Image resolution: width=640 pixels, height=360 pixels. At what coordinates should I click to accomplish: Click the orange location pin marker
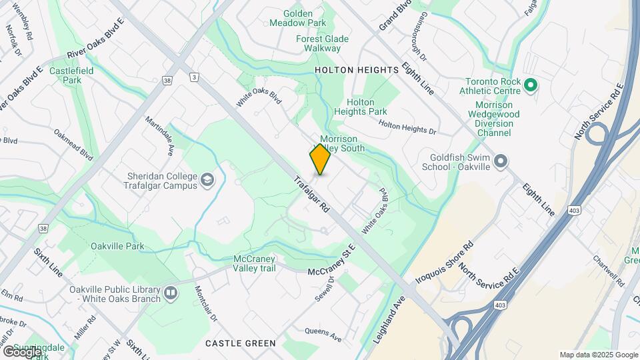[320, 159]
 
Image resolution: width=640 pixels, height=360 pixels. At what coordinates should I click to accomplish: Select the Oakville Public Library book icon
[171, 293]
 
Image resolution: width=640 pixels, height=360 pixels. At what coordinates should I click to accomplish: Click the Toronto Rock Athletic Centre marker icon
[531, 85]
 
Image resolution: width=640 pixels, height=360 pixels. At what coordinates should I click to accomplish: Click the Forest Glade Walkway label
[322, 43]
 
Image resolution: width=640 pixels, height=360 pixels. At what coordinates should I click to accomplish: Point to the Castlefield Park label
[65, 75]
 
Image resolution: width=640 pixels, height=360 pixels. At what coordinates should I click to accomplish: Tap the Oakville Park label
[117, 247]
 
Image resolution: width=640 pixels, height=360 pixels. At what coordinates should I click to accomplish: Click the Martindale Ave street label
[161, 135]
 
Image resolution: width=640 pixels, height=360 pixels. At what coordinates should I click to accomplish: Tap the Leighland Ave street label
[390, 319]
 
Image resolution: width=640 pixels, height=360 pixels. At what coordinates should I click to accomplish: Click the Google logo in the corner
[22, 351]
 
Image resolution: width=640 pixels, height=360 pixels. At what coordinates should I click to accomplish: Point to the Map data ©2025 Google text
[599, 355]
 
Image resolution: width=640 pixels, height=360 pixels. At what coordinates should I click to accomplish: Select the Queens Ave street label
[323, 335]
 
